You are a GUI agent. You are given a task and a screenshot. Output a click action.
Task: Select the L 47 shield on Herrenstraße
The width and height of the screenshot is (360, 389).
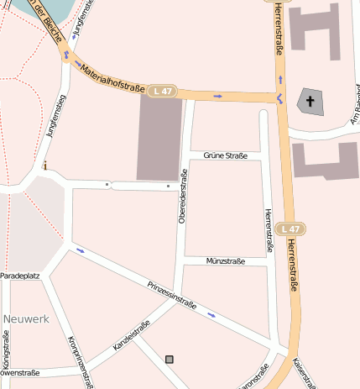[x=290, y=229]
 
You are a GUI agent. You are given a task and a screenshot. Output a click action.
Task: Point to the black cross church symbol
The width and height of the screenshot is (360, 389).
[x=310, y=103]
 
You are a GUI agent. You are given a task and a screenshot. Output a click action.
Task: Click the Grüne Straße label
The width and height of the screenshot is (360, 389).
[x=225, y=155]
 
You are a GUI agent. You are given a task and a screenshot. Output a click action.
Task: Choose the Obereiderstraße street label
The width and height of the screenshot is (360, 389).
[x=181, y=197]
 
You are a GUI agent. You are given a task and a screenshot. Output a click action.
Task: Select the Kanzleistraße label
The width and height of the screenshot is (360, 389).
[x=131, y=336]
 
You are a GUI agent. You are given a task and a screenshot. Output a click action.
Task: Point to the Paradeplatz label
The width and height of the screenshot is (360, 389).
[x=20, y=276]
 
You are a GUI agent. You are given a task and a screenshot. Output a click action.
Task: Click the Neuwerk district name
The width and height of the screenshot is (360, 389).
[x=26, y=319]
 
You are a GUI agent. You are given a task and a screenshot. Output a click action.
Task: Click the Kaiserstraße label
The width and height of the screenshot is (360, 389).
[x=305, y=373]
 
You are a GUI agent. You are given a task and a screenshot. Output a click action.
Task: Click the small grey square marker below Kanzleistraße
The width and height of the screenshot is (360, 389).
[x=170, y=359]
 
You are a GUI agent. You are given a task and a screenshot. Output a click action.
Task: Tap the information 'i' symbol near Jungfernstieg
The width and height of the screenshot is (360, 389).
[x=45, y=166]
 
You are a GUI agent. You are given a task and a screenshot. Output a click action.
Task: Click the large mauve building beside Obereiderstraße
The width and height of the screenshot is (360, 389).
[x=159, y=139]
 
